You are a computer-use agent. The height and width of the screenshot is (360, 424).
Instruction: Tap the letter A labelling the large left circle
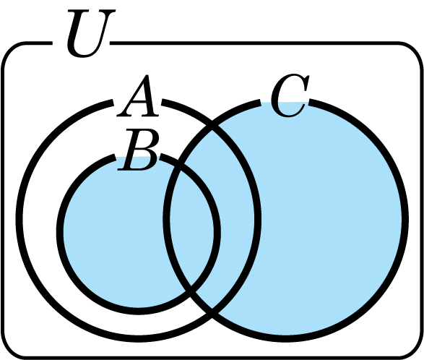(x=138, y=96)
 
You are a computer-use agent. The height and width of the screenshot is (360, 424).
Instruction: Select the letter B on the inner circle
(x=139, y=150)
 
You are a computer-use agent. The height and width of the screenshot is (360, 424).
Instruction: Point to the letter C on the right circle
(x=290, y=95)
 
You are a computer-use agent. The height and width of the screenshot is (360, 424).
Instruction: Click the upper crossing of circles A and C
(x=212, y=126)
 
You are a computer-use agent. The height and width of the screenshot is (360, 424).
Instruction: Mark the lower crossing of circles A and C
(x=212, y=314)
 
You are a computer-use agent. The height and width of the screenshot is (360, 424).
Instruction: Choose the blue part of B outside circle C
(x=113, y=233)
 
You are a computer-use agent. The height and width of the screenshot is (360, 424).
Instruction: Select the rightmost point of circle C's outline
(x=405, y=219)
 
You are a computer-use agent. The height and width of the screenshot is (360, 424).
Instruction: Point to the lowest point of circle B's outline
(x=139, y=312)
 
